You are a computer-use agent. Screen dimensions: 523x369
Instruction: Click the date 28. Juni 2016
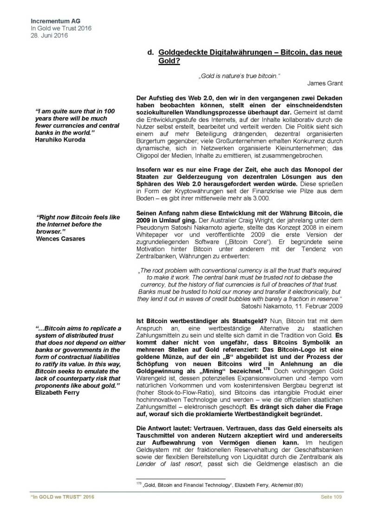(48, 35)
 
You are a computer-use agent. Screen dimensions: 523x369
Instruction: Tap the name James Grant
(324, 83)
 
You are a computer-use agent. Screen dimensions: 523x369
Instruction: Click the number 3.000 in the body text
(258, 198)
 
